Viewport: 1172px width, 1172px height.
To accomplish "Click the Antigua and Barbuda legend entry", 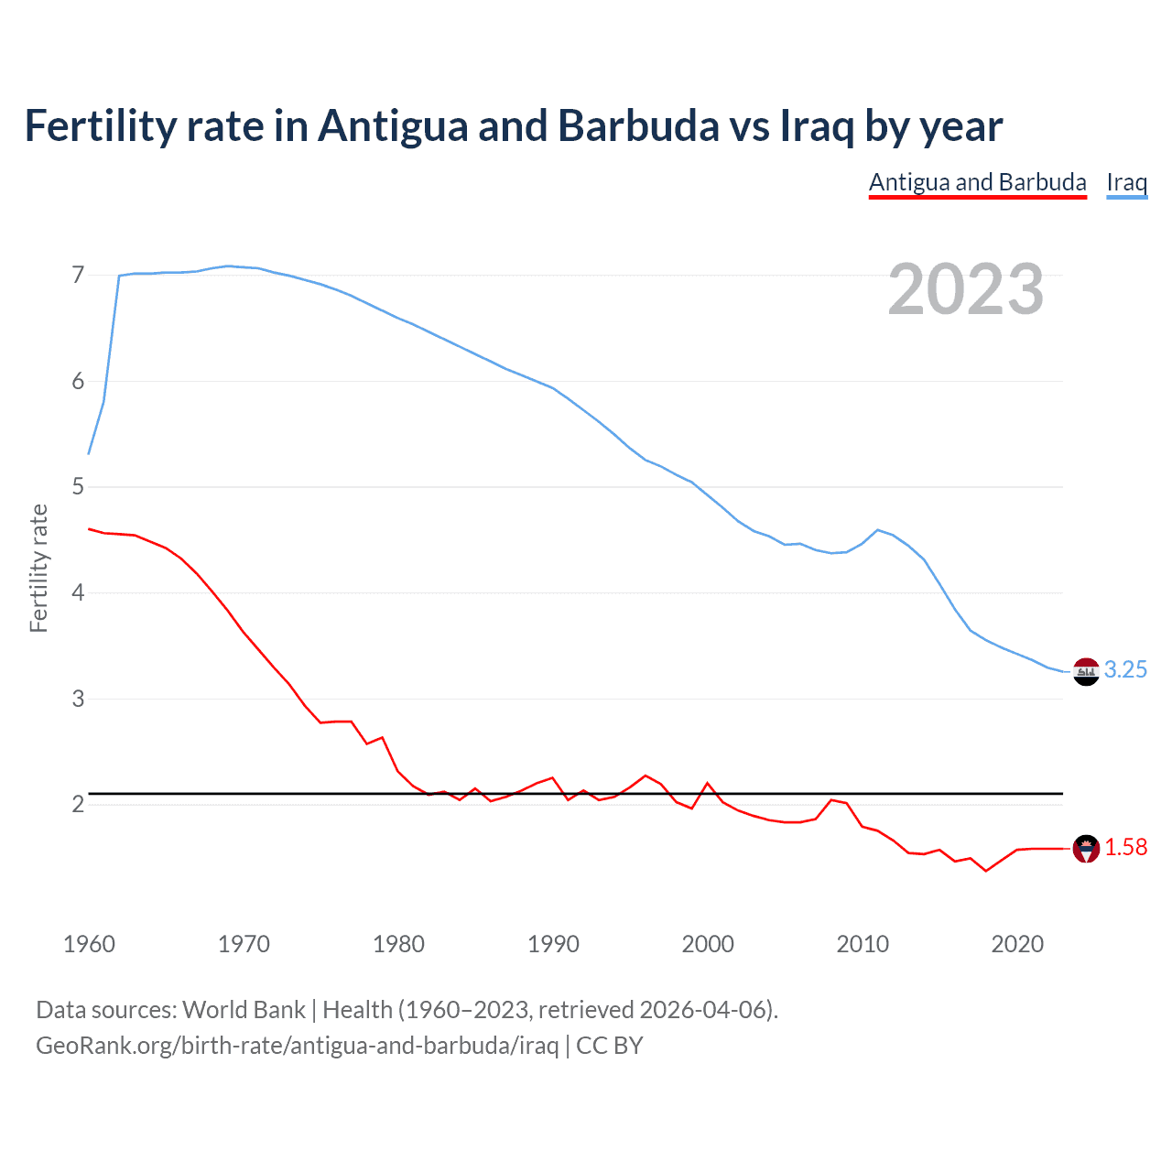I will tap(977, 182).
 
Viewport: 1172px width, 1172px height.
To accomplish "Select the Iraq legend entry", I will tap(1126, 182).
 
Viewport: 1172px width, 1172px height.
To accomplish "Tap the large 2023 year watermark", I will tap(965, 289).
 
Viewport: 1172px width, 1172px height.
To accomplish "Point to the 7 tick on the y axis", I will tap(78, 275).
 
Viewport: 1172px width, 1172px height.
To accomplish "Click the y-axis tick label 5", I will tap(78, 486).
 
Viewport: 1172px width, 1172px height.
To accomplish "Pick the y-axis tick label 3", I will tap(78, 699).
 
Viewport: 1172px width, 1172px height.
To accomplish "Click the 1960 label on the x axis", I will tap(89, 944).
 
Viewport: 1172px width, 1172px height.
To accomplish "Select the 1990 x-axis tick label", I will tap(553, 944).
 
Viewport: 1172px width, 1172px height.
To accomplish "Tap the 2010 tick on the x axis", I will tap(863, 944).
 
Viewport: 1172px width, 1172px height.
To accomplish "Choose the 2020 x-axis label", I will tap(1017, 944).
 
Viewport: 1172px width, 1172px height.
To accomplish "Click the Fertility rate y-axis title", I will tap(38, 568).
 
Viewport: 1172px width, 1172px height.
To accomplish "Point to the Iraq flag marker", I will tap(1086, 671).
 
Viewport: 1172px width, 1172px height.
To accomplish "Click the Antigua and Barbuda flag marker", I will tap(1086, 849).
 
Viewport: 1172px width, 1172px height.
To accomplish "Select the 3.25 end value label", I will tap(1125, 669).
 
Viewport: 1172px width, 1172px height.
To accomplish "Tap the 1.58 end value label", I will tap(1125, 848).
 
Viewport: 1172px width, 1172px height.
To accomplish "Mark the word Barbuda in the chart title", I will tap(638, 125).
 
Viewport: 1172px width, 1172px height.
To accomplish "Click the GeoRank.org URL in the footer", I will tap(297, 1045).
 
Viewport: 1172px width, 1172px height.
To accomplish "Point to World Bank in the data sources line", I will tap(244, 1010).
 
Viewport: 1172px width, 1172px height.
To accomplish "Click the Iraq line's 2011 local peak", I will tap(878, 529).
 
